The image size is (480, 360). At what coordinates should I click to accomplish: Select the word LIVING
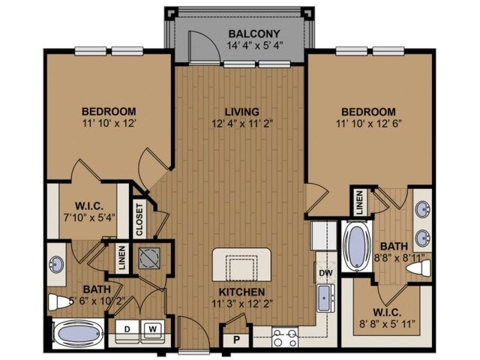click(x=240, y=111)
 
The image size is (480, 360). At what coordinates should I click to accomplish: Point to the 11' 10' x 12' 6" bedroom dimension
click(x=370, y=124)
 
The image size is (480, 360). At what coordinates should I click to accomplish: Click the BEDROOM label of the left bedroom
click(x=108, y=112)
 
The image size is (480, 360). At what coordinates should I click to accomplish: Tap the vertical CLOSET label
click(x=139, y=219)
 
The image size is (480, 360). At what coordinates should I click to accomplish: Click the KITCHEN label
click(x=241, y=291)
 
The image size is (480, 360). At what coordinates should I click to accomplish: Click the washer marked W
click(x=152, y=328)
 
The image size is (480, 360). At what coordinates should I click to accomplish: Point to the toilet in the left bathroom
click(x=58, y=303)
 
